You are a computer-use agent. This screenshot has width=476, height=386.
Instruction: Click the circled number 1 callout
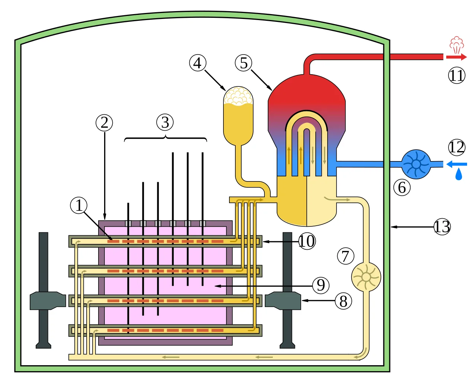point(78,205)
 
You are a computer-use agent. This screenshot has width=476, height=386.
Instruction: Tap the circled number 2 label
point(104,122)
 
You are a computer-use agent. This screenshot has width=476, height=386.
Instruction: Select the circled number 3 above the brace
point(165,122)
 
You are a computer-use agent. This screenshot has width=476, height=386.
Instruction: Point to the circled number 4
point(197,63)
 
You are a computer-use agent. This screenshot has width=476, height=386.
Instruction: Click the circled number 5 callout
point(243,63)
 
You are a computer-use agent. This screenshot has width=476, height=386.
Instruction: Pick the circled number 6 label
point(402,187)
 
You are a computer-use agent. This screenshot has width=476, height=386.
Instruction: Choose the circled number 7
point(345,256)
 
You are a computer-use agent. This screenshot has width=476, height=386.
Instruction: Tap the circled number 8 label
point(343,301)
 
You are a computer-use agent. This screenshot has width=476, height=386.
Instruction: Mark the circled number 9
point(321,285)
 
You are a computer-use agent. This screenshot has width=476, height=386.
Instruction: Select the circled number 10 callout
point(307,241)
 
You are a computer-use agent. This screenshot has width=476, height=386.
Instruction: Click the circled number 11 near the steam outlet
point(457,75)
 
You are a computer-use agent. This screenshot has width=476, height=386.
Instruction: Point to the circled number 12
point(457,147)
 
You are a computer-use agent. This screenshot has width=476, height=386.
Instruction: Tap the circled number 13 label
point(442,227)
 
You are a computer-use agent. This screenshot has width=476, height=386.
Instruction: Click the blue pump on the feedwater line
point(416,164)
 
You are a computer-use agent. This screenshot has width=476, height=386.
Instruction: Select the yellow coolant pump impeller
point(366,277)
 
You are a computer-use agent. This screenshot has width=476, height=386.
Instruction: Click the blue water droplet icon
point(459,174)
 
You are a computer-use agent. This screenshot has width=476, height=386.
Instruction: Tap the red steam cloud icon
point(457,45)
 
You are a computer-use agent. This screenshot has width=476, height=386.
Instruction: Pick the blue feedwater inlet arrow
point(457,164)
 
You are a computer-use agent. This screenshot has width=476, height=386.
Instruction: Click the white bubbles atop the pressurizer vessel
point(238,96)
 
